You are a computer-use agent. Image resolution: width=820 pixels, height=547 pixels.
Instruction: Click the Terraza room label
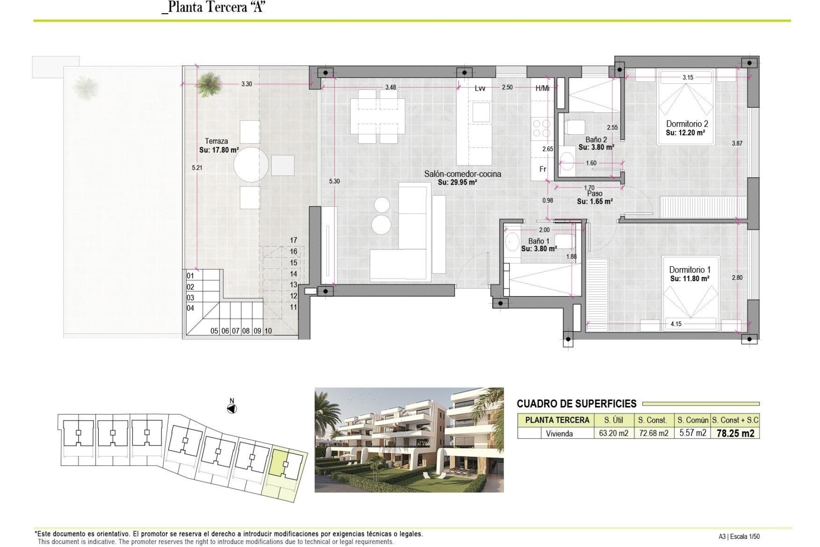[217, 141]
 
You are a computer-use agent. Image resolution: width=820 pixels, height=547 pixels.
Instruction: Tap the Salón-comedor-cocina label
[462, 174]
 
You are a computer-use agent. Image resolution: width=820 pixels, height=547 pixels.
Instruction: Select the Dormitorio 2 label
[687, 124]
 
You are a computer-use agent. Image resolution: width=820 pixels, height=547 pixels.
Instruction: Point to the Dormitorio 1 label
[689, 270]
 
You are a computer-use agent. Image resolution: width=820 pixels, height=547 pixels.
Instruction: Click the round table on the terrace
[251, 165]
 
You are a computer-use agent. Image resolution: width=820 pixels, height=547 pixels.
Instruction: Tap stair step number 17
[293, 240]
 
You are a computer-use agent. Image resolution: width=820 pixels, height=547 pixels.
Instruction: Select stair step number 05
[214, 331]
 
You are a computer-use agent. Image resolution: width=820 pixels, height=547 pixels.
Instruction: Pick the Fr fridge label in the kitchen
[542, 169]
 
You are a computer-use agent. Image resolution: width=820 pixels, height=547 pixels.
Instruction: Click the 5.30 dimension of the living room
[334, 181]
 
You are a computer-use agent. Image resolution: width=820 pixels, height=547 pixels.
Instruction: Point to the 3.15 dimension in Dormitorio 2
[688, 77]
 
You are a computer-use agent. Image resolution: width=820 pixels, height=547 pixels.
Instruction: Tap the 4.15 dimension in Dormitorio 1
[676, 324]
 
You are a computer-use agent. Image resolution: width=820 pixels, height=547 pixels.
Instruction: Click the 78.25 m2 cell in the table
[735, 433]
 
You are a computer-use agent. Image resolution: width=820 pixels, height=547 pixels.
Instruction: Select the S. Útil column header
[613, 420]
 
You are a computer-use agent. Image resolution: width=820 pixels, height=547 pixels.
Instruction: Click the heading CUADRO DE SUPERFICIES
[577, 404]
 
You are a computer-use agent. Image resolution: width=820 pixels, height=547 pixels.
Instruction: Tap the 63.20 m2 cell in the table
[613, 433]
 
